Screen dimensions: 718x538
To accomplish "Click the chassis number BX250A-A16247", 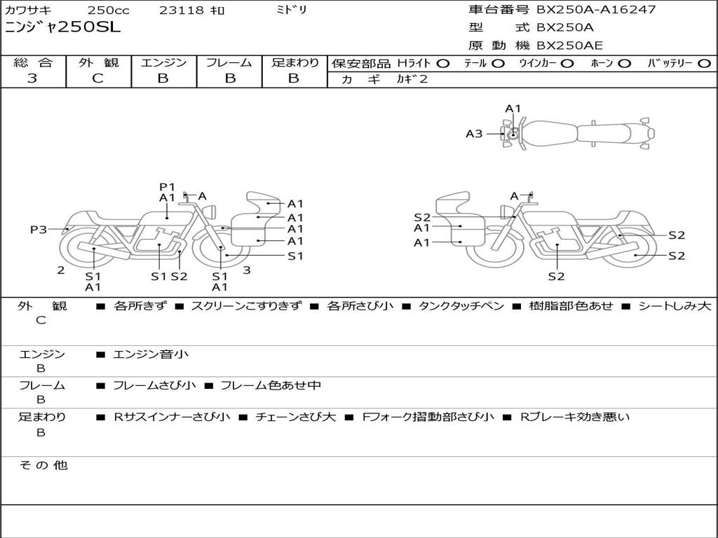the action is click(x=596, y=9).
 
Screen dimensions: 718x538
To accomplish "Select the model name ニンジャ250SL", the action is click(x=62, y=27).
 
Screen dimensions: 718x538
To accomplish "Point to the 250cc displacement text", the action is click(x=109, y=10).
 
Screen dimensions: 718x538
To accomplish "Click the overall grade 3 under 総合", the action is click(x=32, y=78).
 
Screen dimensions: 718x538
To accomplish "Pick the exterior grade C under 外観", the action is click(x=97, y=78).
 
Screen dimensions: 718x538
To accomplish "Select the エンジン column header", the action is click(x=163, y=62).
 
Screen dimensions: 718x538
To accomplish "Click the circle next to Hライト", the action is click(x=443, y=64).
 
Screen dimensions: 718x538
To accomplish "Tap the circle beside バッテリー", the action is click(x=704, y=64).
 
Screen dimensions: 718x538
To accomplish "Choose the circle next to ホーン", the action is click(x=625, y=64).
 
